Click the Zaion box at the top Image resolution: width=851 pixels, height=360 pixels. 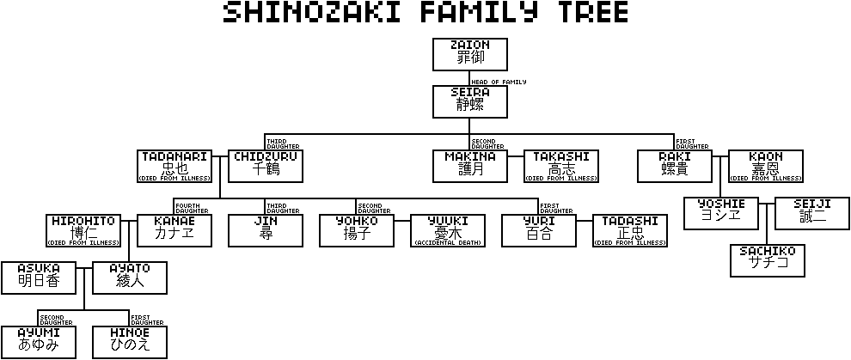coord(469,54)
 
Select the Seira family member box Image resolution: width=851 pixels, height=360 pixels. coord(469,101)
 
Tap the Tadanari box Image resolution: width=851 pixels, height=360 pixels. coord(174,166)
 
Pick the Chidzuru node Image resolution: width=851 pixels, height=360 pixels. coord(266,166)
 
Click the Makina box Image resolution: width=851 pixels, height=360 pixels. coord(469,166)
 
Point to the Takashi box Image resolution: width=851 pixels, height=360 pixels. coord(561,166)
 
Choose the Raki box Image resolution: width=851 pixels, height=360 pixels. coord(674,166)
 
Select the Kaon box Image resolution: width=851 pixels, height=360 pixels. coord(765,166)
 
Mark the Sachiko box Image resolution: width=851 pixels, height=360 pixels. coord(767,261)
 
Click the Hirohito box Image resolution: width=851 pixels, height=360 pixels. coord(83,230)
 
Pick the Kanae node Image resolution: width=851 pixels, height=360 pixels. coord(174,230)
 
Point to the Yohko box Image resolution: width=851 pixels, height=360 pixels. coord(357,230)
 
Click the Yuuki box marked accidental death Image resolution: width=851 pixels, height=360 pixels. coord(448,230)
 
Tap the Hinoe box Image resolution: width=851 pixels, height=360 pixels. coord(129,342)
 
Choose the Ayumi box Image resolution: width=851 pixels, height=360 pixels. coord(37,342)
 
